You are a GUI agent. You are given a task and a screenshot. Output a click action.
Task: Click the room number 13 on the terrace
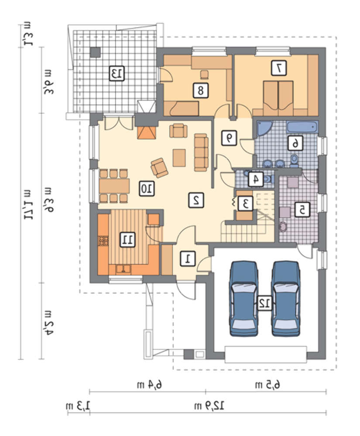(117, 73)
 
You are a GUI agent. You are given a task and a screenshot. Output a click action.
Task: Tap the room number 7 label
(279, 68)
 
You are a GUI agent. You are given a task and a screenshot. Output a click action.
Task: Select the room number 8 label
(201, 90)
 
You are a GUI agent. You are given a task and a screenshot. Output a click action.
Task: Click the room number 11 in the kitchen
(128, 239)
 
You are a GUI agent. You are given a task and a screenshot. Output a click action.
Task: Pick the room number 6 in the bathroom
(295, 143)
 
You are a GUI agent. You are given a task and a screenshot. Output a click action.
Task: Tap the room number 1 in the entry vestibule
(188, 259)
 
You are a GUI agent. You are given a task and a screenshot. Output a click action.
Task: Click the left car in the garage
(244, 299)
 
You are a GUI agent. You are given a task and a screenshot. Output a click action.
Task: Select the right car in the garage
(286, 299)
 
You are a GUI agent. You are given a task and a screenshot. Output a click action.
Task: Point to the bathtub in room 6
(302, 127)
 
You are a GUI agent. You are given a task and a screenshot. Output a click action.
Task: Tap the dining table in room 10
(114, 186)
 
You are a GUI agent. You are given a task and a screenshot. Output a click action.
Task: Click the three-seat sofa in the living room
(201, 152)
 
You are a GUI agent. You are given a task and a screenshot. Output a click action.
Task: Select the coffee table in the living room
(179, 158)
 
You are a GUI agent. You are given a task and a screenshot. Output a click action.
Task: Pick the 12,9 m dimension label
(209, 406)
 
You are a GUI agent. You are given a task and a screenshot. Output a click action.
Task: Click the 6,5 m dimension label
(268, 385)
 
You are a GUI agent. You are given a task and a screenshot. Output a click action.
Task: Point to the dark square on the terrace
(96, 52)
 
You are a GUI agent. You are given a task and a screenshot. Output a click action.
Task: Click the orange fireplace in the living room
(146, 133)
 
